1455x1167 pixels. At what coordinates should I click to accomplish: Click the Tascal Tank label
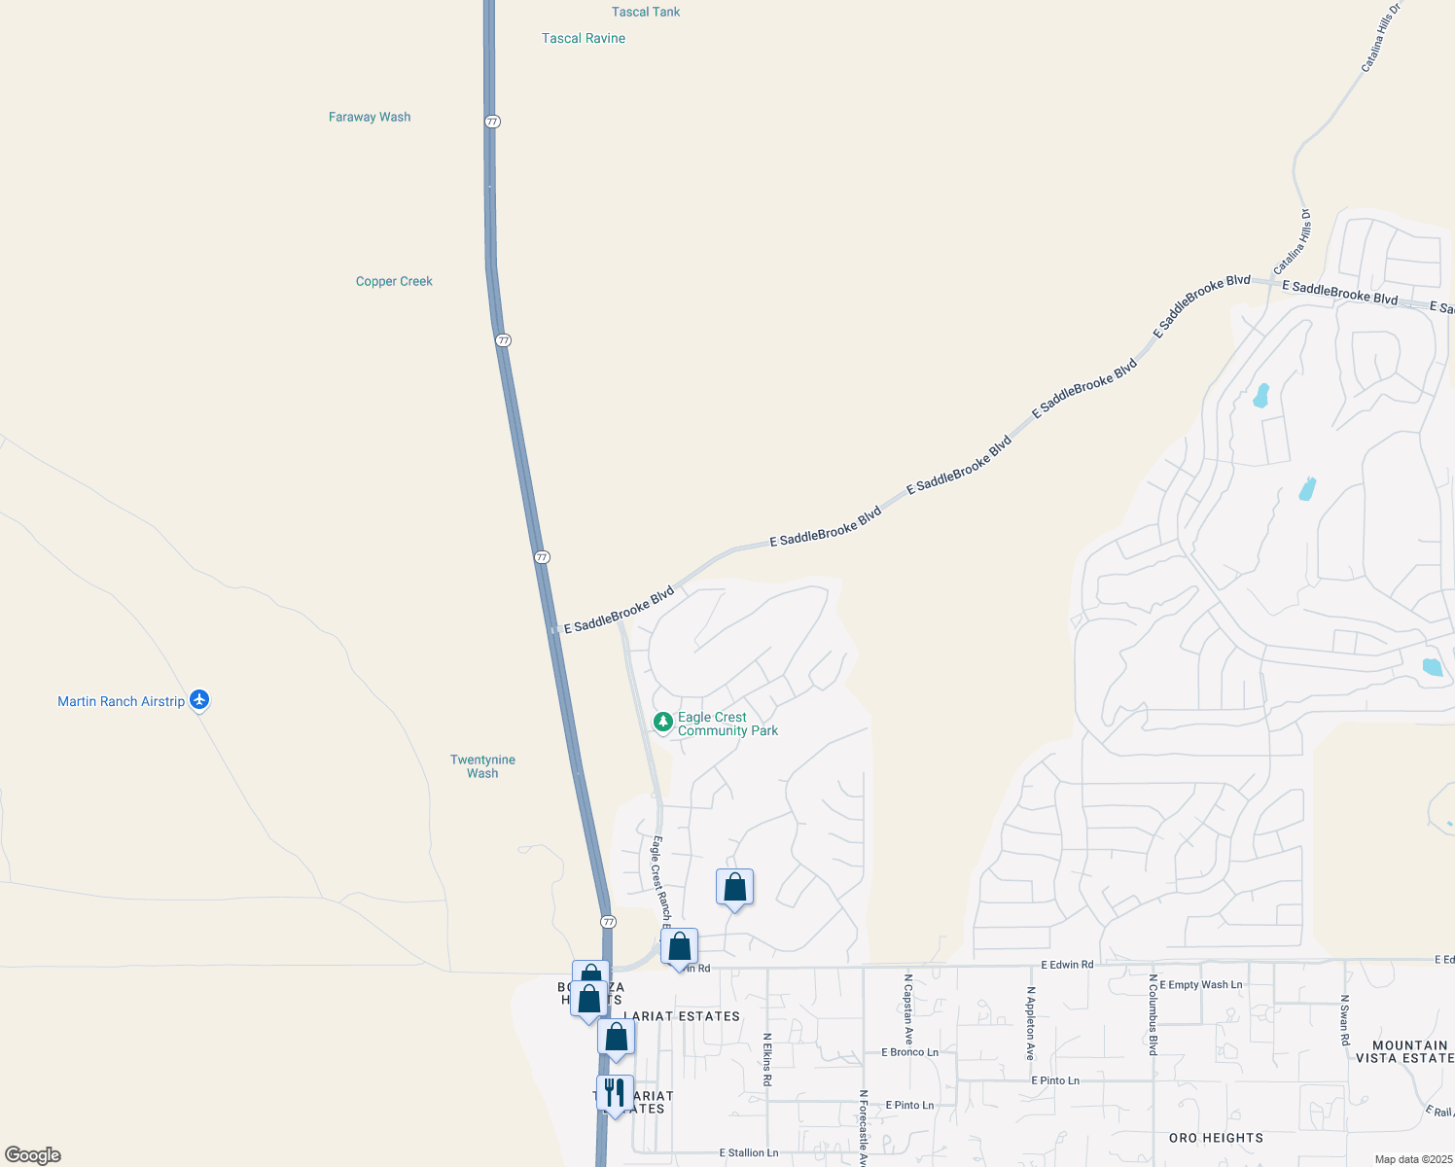tap(646, 12)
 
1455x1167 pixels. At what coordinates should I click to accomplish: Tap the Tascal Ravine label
tap(584, 38)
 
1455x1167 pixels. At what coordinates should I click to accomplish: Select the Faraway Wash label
tap(370, 117)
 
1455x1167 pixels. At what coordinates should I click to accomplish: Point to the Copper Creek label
tap(394, 281)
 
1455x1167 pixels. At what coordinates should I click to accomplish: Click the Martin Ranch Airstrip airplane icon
tap(199, 700)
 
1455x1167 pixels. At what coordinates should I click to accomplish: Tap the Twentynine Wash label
tap(482, 766)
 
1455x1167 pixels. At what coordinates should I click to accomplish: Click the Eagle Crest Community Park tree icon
tap(663, 723)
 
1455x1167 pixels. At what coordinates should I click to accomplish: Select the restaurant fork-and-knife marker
tap(615, 1093)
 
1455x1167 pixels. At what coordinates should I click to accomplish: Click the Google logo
tap(33, 1155)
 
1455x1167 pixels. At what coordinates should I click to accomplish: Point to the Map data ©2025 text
tap(1411, 1159)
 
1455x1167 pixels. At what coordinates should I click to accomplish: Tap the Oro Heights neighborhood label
tap(1216, 1138)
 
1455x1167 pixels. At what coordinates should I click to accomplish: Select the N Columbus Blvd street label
tap(1153, 1014)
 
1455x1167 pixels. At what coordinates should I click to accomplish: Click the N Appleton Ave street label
tap(1030, 1023)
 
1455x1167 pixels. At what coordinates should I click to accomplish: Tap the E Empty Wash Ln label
tap(1200, 985)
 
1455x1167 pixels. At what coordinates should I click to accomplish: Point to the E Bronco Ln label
tap(909, 1052)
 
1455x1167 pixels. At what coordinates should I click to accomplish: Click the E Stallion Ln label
tap(749, 1152)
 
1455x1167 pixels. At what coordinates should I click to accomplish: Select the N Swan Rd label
tap(1345, 1019)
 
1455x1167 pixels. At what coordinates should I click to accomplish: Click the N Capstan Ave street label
tap(908, 1009)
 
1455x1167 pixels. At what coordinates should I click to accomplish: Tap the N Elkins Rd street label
tap(767, 1059)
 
